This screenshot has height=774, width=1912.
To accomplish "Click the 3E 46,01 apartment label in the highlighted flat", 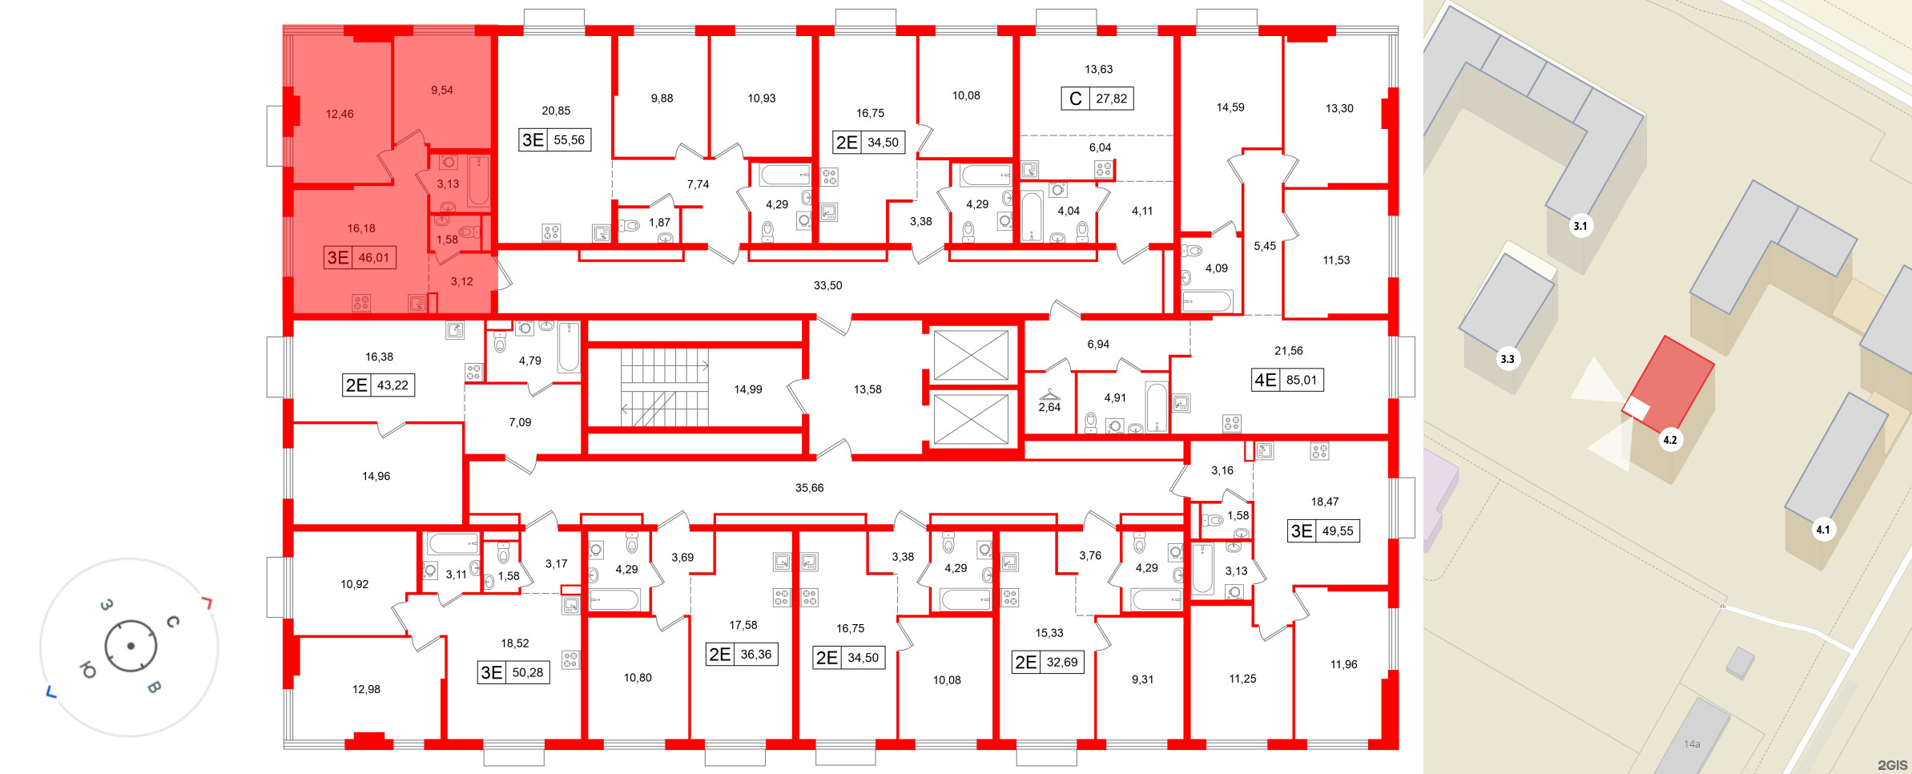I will coord(360,257).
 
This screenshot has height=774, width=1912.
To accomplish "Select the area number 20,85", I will coord(556,111).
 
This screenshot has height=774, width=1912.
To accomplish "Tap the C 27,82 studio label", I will coord(1097,99).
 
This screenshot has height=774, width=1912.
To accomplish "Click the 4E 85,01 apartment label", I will coord(1287,380).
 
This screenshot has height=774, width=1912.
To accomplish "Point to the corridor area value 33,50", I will coord(827,285).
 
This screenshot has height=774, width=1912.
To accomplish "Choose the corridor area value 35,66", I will coord(809,487).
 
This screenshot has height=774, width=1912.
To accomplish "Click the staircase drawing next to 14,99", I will coord(664,387).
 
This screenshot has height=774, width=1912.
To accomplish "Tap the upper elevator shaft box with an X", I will coord(971,355).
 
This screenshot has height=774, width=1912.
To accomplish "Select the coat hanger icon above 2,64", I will coord(1049,395).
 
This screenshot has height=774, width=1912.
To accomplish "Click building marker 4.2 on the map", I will coord(1670,440).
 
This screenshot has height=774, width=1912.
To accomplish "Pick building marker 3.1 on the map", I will coord(1580,226).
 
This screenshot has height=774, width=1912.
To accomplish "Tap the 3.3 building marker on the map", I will coord(1507,359).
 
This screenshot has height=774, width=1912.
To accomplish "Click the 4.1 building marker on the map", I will coord(1823,530).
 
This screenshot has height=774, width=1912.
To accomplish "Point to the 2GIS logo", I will coord(1892,765).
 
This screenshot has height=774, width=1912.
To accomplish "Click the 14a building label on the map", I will coord(1692,744).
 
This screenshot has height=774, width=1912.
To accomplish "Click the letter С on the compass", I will coord(172,622).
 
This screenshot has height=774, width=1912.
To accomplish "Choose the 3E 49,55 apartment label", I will coord(1323,530).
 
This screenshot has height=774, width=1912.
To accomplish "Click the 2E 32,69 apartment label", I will coord(1048,662).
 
